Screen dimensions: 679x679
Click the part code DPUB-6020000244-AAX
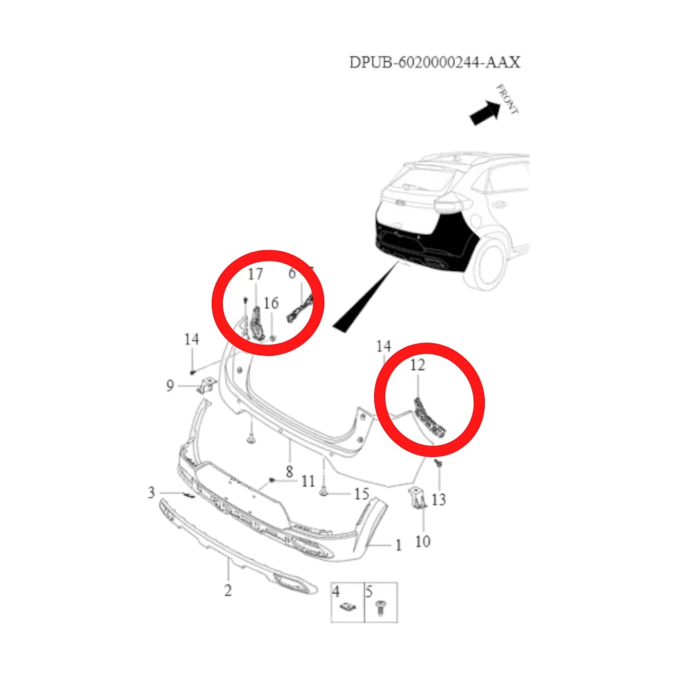tap(434, 62)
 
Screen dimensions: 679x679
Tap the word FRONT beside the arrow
tap(507, 99)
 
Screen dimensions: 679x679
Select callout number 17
tap(255, 274)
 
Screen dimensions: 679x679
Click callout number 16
tap(271, 303)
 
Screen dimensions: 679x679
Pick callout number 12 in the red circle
tap(417, 365)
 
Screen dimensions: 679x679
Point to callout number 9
tap(170, 386)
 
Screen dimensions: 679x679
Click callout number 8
tap(289, 471)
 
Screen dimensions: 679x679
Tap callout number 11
tap(308, 482)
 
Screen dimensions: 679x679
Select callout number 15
tap(362, 494)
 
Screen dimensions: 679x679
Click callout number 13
tap(439, 499)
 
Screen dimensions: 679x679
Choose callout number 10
tap(423, 542)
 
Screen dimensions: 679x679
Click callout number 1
tap(398, 545)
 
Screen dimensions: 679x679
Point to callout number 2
tap(227, 590)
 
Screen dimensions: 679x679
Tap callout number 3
tap(151, 492)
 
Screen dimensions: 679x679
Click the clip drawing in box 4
tap(347, 607)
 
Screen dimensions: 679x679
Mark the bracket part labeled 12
tap(428, 416)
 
